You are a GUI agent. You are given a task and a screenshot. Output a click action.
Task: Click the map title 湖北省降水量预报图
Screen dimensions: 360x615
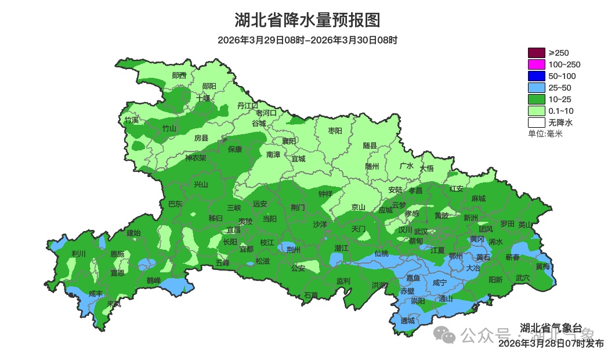(x=307, y=20)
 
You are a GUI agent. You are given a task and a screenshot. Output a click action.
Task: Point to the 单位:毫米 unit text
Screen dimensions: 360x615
(x=545, y=134)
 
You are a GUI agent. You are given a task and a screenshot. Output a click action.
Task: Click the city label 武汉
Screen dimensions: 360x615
(x=421, y=232)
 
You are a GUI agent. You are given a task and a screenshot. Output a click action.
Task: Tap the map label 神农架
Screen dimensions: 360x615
(x=196, y=158)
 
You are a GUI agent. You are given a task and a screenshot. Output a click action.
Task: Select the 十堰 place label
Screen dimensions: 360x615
(x=203, y=98)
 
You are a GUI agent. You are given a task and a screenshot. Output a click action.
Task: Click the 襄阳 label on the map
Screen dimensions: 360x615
(x=289, y=141)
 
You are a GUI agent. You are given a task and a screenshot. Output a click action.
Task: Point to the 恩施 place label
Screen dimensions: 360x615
(x=117, y=254)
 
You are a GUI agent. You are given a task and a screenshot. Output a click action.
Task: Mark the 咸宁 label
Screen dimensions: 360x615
(x=440, y=283)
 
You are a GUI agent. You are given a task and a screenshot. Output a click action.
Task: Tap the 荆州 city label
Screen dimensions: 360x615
(x=294, y=250)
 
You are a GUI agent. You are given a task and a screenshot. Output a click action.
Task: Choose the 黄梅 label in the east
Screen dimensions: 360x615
(x=543, y=267)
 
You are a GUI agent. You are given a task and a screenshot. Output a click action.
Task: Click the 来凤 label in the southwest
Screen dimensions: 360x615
(x=114, y=304)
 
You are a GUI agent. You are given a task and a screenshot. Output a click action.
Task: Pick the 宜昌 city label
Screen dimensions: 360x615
(x=233, y=230)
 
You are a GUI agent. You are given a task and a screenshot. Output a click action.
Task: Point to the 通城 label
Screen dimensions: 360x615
(x=408, y=321)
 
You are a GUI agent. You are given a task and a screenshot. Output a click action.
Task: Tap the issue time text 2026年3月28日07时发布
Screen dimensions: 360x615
(x=551, y=344)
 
